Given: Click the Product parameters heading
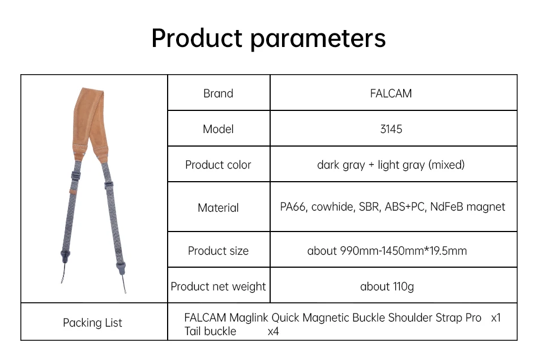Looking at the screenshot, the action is (268, 38).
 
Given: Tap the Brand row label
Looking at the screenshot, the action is (218, 93).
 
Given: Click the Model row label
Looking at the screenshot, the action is (218, 129).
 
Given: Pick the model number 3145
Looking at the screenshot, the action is (391, 129).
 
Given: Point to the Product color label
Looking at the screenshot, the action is (218, 165).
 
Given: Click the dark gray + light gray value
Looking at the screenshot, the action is (391, 165).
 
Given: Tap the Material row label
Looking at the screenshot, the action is (218, 207).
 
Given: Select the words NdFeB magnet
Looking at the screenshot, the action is (468, 207).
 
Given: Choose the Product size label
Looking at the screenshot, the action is (218, 251).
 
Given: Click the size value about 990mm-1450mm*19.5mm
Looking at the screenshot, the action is (387, 251).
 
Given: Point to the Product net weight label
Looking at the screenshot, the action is (218, 286).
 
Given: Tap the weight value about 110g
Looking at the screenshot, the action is (387, 286).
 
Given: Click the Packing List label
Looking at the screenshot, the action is (93, 323).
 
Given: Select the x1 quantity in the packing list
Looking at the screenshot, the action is (496, 318).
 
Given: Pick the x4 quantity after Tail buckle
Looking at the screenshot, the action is (273, 331).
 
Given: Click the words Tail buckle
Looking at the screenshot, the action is (210, 331).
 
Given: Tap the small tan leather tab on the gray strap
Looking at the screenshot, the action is (73, 191).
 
